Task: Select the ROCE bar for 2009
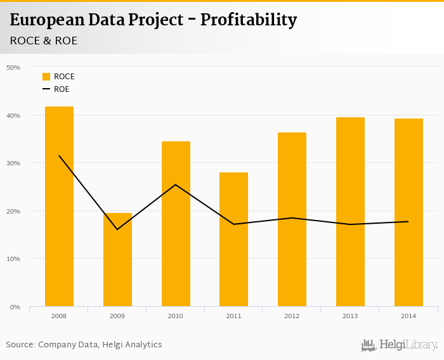117,260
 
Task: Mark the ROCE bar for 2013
350,212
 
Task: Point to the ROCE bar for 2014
408,212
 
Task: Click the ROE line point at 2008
59,155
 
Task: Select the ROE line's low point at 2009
117,229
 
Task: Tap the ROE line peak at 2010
176,184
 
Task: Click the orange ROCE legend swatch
46,77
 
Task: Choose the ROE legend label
62,89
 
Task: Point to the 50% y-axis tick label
13,67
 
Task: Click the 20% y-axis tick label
13,211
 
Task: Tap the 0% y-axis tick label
15,307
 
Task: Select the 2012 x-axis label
292,316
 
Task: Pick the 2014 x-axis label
408,316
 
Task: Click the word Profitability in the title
249,20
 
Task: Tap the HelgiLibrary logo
399,345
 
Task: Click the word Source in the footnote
20,345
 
